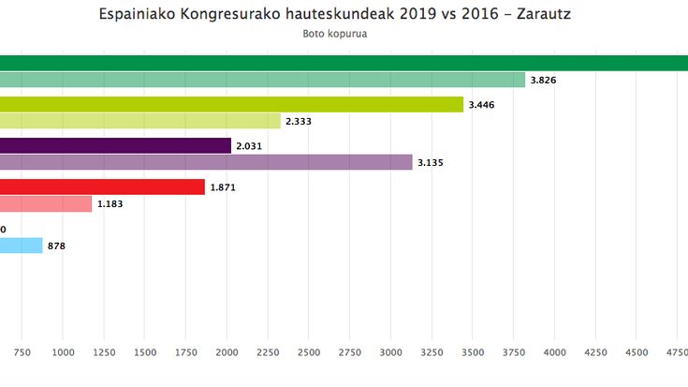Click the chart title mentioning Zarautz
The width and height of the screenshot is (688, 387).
[x=334, y=16]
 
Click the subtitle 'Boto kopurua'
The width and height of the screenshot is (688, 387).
[x=334, y=35]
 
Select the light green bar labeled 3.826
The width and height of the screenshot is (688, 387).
[x=262, y=80]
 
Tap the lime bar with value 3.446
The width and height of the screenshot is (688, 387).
[x=231, y=104]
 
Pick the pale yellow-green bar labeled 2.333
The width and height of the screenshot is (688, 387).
[x=140, y=121]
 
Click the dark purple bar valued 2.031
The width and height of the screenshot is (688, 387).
[x=115, y=145]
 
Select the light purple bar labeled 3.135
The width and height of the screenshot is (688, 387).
[x=206, y=162]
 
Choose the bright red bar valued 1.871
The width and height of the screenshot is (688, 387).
[x=102, y=187]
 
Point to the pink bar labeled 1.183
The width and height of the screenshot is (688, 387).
[x=46, y=203]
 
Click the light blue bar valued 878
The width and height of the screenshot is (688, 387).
[x=21, y=246]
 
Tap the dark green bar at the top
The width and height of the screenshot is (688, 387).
[x=344, y=63]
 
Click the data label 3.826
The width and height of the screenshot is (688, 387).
[x=544, y=81]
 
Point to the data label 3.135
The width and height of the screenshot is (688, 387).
[x=431, y=163]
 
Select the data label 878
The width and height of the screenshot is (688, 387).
[x=56, y=246]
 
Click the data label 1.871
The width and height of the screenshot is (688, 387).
[x=224, y=188]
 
